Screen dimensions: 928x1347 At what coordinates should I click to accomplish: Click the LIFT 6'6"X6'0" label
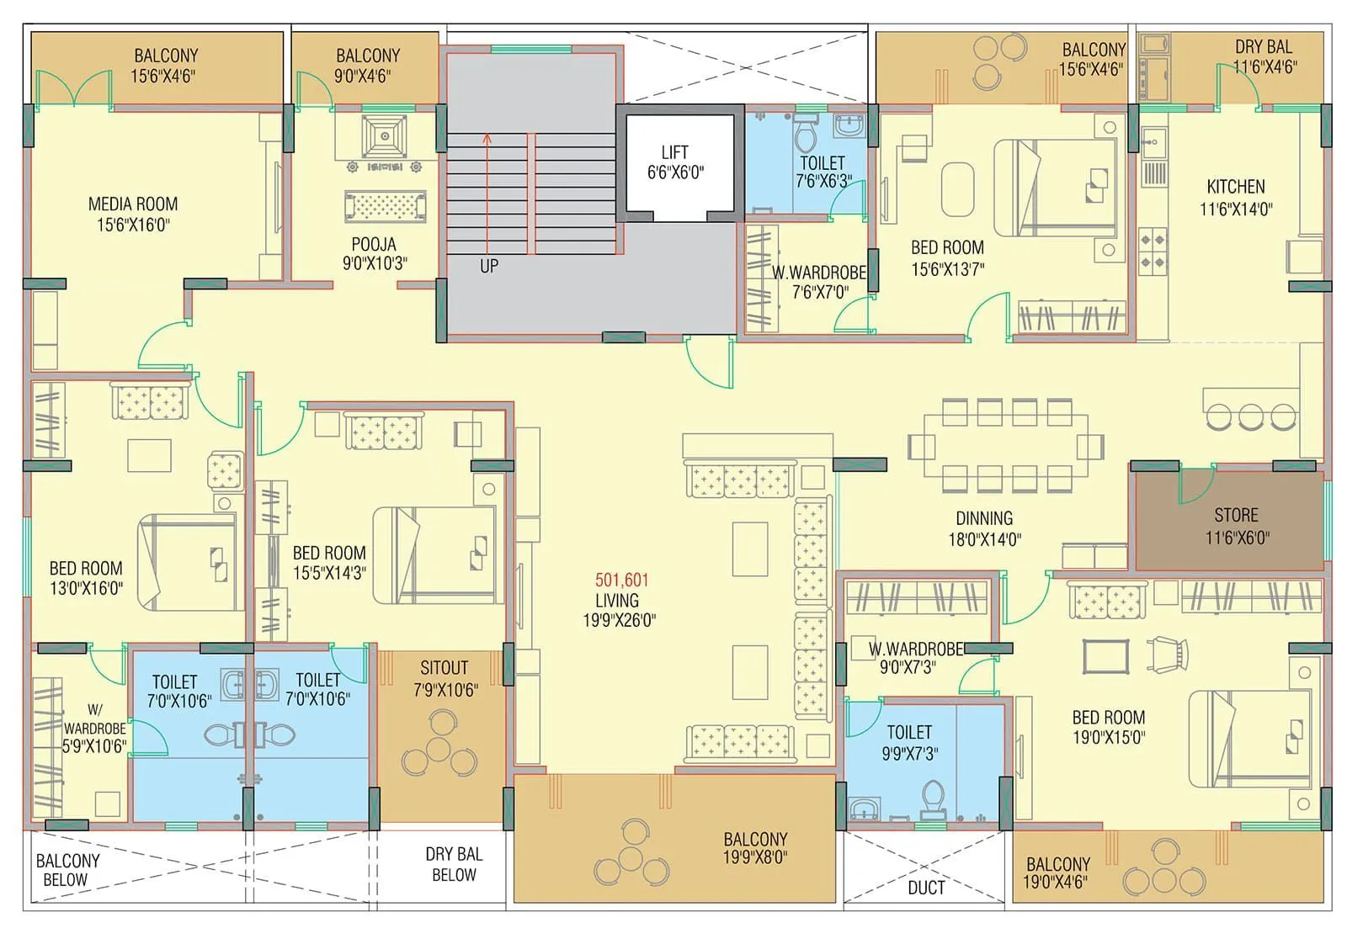(675, 162)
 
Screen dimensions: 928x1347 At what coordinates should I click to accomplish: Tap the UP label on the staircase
(489, 266)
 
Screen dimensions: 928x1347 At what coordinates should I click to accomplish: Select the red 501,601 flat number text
(621, 580)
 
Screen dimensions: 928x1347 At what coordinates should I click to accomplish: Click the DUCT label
(925, 888)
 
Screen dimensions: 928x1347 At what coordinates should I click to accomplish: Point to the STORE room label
(1236, 525)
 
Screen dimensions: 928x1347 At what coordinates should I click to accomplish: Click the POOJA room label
(374, 253)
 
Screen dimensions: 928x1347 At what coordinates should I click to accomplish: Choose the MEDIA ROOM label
(133, 214)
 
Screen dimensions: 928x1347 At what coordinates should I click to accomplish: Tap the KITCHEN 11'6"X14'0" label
(1235, 197)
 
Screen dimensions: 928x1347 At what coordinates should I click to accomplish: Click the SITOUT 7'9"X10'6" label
(445, 678)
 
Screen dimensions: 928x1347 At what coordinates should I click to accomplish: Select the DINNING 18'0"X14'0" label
(984, 528)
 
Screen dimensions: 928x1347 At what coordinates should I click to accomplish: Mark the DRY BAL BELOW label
(454, 864)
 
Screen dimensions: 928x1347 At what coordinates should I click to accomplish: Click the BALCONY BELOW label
(67, 870)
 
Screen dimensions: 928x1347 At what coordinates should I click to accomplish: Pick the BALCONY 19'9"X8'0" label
(755, 848)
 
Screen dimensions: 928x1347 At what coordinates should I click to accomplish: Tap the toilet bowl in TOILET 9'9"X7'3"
(933, 797)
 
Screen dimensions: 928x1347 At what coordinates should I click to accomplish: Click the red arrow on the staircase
(487, 194)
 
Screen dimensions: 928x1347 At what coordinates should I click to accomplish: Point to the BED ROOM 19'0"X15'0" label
(1108, 727)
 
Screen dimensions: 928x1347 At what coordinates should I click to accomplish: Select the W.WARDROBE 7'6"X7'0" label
(819, 282)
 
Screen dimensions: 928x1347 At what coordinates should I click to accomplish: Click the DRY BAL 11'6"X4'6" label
(1264, 56)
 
